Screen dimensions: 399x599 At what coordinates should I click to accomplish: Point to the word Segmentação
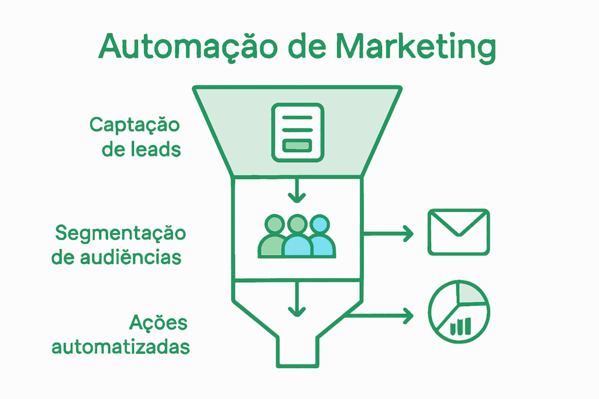click(120, 233)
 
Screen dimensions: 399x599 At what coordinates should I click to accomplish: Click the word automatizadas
click(121, 346)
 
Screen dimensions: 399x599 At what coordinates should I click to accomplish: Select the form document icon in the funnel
click(297, 131)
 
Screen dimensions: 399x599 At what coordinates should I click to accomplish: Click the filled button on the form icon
click(297, 145)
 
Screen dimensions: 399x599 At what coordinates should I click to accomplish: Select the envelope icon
click(459, 231)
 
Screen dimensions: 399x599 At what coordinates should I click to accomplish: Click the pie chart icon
click(459, 311)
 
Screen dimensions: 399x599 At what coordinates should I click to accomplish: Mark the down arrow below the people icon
click(297, 299)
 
